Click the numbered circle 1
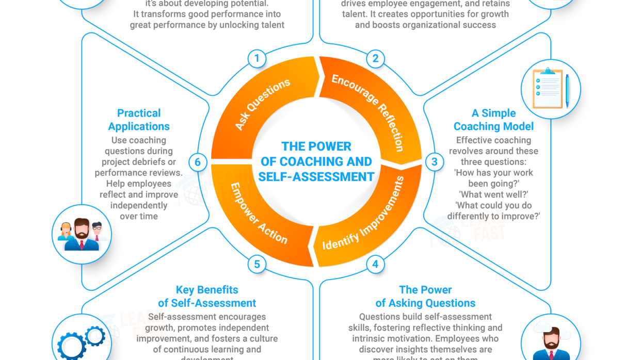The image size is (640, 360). coord(257,58)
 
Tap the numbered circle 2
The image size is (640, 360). coord(375,58)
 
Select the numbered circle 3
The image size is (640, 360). coord(435,162)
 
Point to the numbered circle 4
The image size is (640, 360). coord(375,265)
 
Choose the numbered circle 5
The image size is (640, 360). coord(257,265)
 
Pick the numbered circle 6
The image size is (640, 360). coord(197,162)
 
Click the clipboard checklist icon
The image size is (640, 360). coord(547,88)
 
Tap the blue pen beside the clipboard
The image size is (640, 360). coord(567,90)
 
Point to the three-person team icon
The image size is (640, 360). coord(82,235)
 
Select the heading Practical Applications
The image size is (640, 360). coord(139,120)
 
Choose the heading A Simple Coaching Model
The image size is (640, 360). coord(493,120)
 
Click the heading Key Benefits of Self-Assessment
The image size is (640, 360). coord(207,297)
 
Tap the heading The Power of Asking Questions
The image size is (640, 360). coord(425,297)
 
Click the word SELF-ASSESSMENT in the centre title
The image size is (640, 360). coord(316,176)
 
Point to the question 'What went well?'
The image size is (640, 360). coord(493,194)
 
